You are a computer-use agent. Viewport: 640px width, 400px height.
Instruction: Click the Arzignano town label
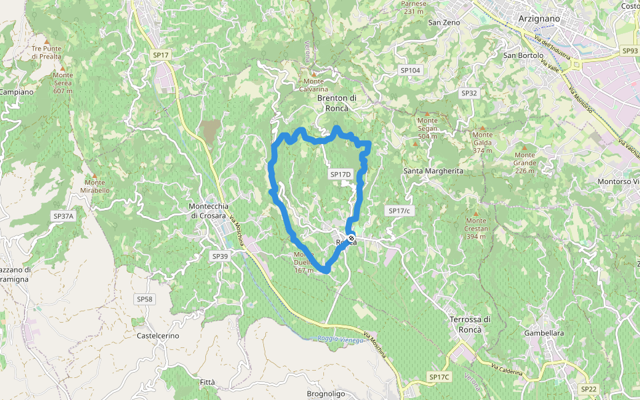tap(539, 19)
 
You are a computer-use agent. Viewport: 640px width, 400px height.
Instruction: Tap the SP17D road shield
tap(340, 175)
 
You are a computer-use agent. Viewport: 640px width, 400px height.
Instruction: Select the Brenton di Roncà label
tap(337, 103)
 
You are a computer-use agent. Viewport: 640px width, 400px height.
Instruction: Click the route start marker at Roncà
tap(351, 238)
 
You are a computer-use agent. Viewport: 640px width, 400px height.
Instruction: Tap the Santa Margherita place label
tap(433, 171)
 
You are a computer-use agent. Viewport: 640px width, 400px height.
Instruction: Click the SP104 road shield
tap(411, 70)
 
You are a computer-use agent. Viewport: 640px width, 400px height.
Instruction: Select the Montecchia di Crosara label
tap(209, 211)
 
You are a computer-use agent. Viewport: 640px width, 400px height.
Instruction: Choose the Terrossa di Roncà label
tap(471, 324)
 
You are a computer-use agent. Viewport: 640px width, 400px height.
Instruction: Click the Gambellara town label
tap(544, 333)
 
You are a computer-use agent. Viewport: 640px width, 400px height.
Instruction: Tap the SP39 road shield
tap(220, 256)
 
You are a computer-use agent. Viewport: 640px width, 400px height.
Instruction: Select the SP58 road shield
tap(145, 299)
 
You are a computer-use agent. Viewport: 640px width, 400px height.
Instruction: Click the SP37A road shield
tap(64, 217)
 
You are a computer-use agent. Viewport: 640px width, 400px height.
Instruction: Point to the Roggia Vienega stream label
tap(341, 340)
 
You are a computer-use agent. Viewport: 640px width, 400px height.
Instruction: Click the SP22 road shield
tap(589, 389)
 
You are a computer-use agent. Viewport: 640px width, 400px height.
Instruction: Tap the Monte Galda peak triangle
tap(482, 127)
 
